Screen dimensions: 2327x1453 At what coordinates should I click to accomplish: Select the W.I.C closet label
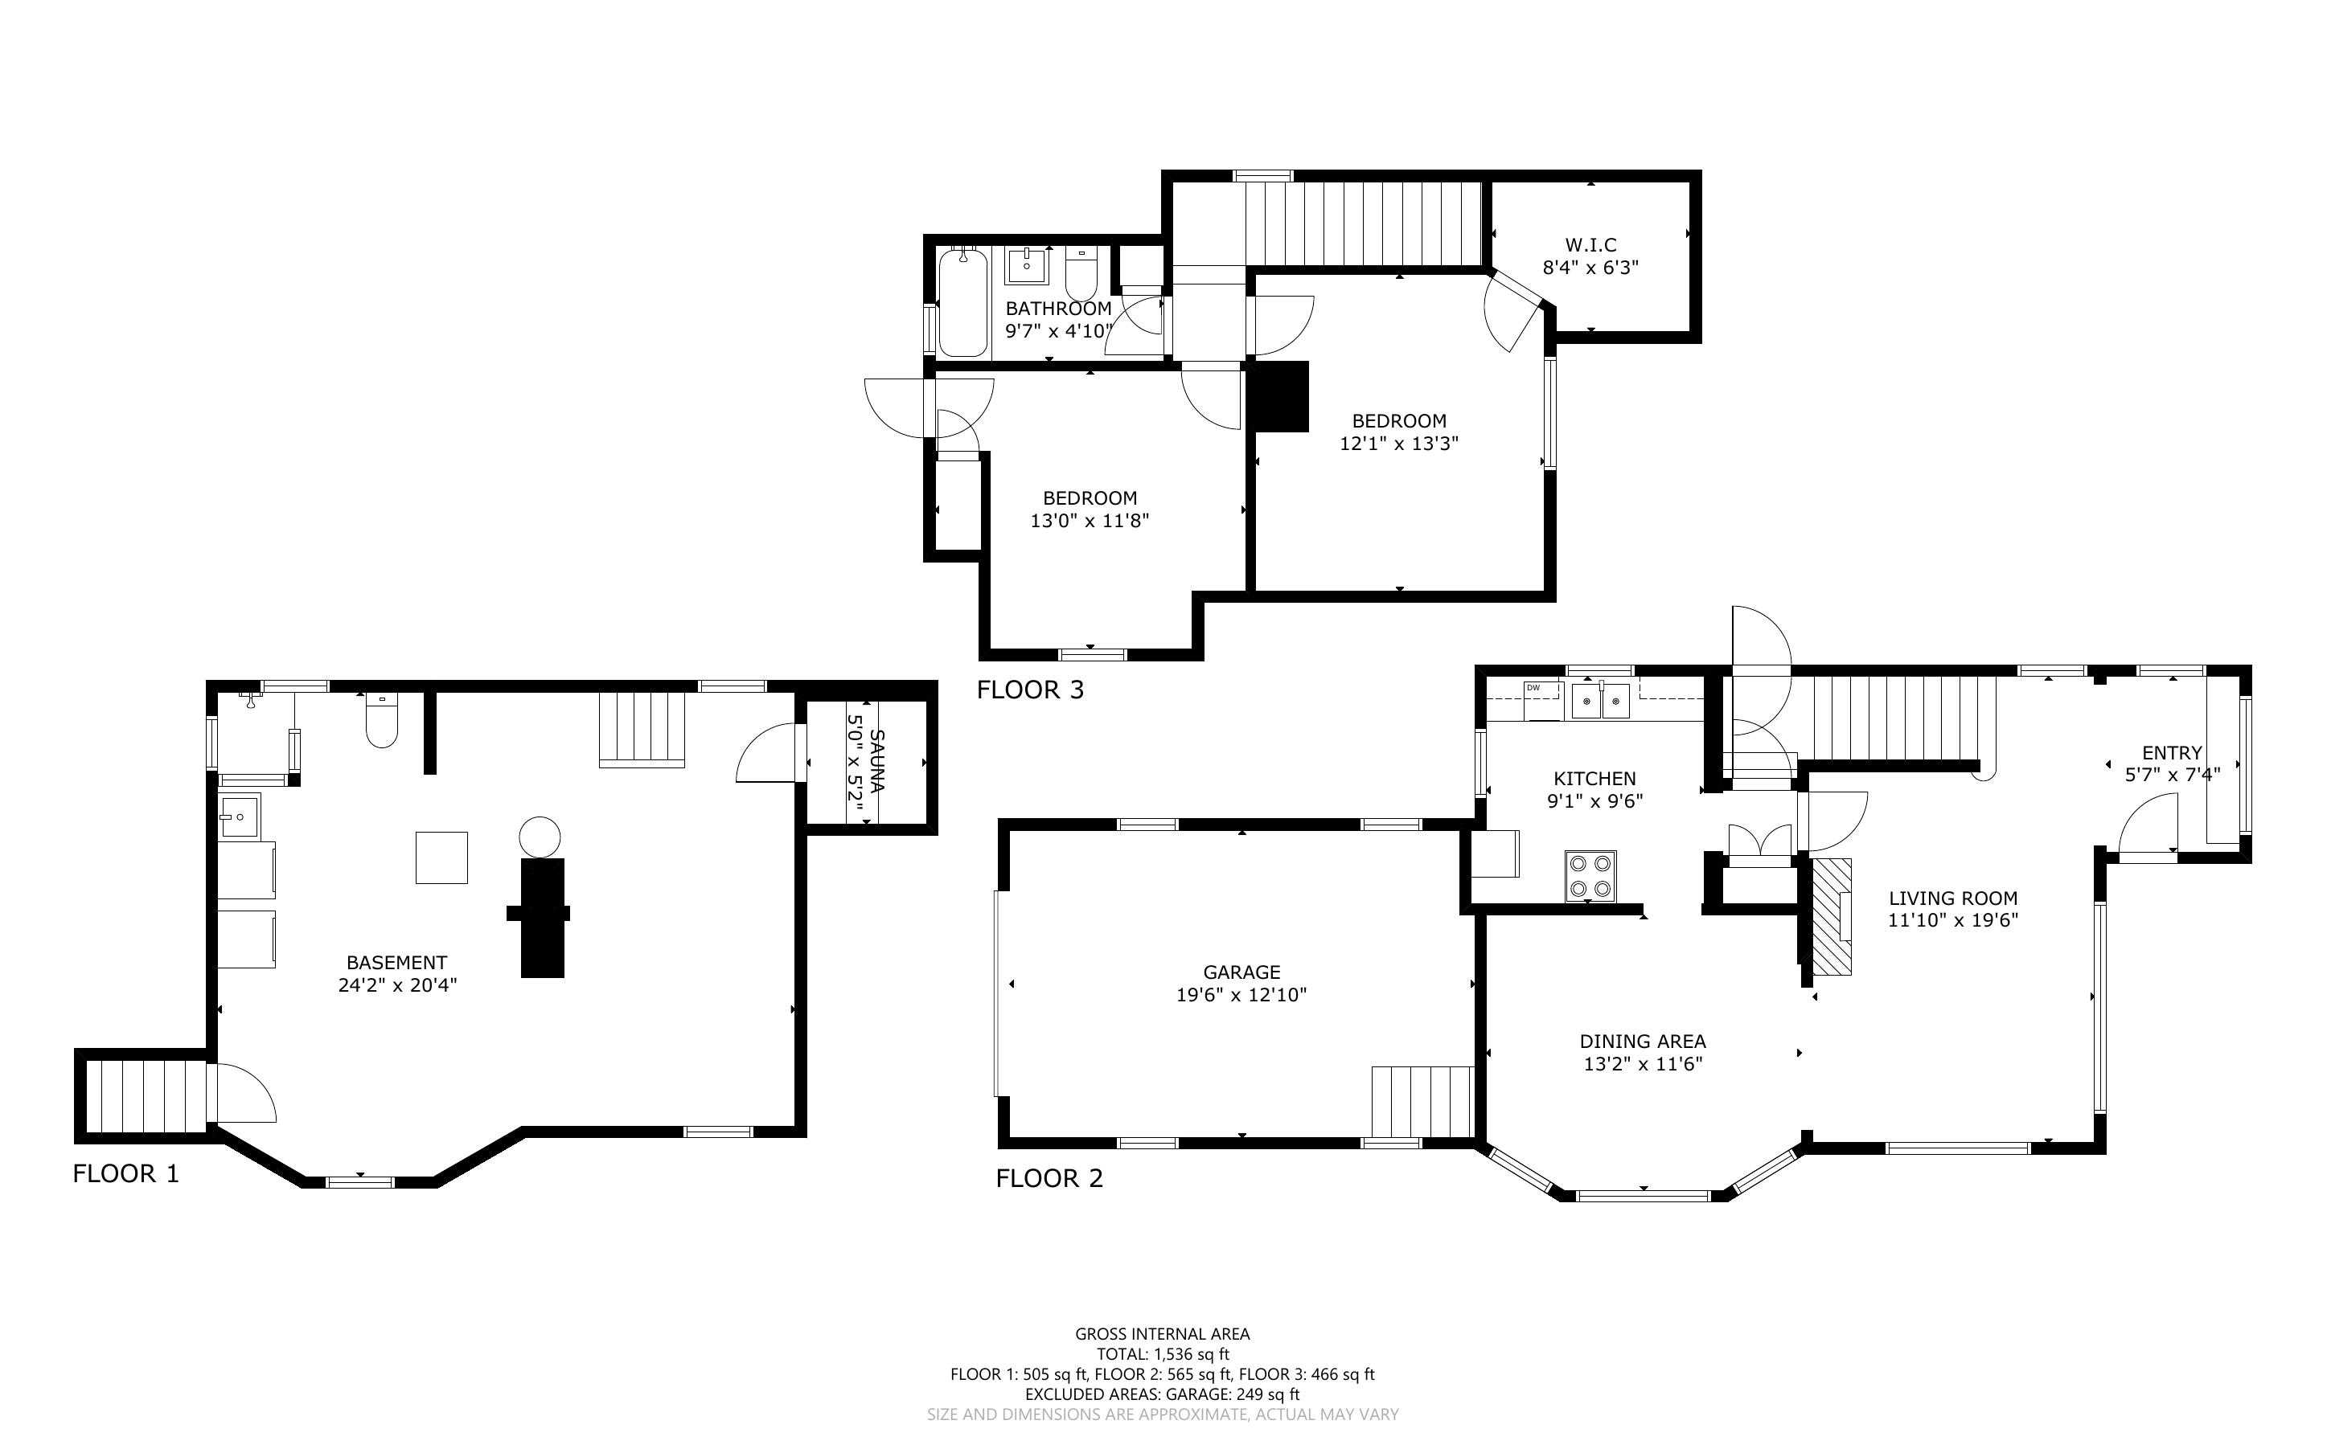click(x=1590, y=245)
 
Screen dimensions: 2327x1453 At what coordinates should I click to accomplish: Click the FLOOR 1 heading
click(x=126, y=1173)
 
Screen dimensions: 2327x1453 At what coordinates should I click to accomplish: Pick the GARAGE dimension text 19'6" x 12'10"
click(x=1241, y=995)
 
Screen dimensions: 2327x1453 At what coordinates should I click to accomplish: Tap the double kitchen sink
click(x=1601, y=701)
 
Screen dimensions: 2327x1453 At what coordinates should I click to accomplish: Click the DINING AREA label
click(x=1643, y=1041)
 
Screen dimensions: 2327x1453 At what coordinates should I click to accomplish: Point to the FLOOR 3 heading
click(x=1030, y=690)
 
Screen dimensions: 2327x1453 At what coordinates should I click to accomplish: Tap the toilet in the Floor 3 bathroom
click(x=1081, y=273)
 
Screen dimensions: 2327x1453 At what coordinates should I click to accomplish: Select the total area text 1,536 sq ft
click(x=1192, y=1354)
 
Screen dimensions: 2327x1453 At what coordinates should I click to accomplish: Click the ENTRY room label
click(x=2171, y=753)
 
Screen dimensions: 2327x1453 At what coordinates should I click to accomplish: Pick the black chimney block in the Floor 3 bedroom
click(x=1278, y=396)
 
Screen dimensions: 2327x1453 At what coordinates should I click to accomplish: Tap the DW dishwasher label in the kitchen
click(x=1533, y=687)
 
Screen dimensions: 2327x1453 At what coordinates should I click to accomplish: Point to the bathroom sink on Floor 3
click(x=1027, y=265)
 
